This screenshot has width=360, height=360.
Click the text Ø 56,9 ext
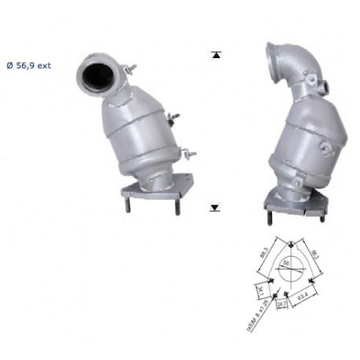pos(28,66)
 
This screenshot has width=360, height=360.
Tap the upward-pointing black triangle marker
pos(215,55)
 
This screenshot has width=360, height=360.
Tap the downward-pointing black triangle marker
pos(215,208)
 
